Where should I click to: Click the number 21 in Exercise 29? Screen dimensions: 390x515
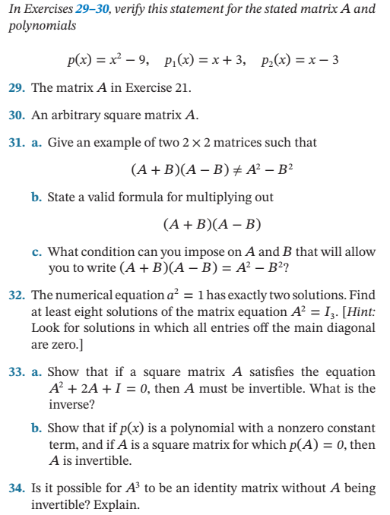tap(182, 88)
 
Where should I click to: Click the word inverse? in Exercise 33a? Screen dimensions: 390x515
tap(71, 405)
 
